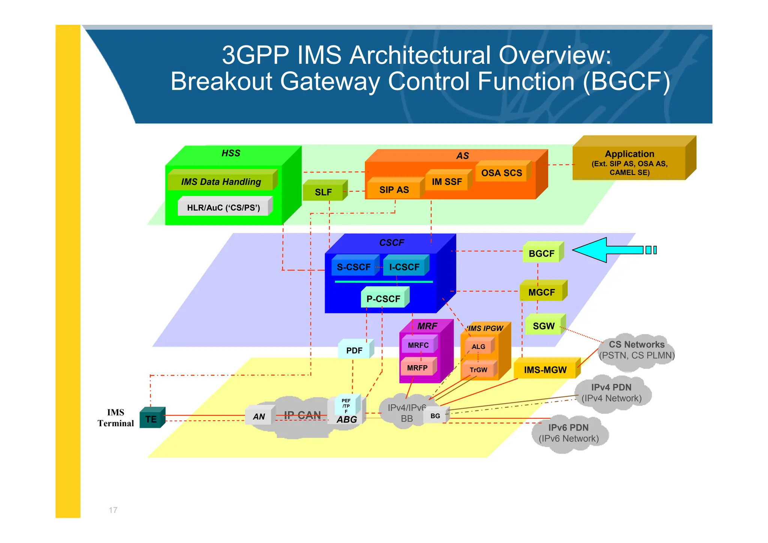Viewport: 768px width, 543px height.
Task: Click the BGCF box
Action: point(541,253)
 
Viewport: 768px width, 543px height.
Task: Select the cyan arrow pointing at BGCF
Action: point(607,250)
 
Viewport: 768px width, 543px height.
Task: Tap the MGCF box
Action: point(541,292)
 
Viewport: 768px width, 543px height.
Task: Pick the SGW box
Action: point(543,326)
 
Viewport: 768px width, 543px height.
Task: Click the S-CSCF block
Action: point(353,267)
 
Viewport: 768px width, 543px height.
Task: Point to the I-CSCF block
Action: point(404,267)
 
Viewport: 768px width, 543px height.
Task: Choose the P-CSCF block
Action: point(383,299)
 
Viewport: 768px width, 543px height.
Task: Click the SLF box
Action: point(323,192)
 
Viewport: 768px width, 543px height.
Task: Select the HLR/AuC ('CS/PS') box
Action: point(223,207)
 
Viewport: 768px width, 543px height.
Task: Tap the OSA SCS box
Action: point(501,173)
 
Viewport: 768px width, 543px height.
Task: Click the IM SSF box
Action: point(447,182)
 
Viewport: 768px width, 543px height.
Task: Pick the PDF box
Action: point(354,350)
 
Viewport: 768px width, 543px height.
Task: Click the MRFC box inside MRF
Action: point(418,345)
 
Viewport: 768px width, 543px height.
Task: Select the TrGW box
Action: point(478,370)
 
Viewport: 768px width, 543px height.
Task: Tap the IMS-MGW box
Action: point(545,370)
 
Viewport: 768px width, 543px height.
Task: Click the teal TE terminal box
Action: point(151,419)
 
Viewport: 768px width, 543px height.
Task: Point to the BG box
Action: point(435,416)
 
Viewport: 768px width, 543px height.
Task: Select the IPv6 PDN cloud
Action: point(568,433)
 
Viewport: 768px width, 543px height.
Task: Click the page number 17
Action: point(113,510)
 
